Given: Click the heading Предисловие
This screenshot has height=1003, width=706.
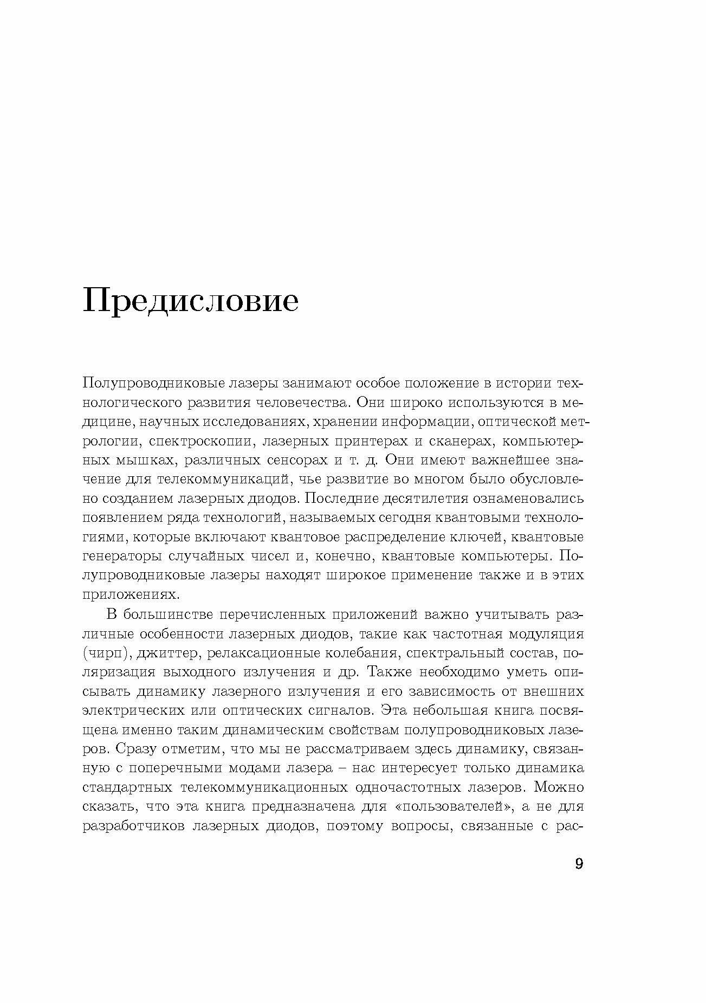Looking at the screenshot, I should tap(190, 301).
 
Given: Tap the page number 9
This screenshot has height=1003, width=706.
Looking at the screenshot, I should tap(579, 864).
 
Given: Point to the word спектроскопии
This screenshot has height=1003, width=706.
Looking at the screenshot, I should tap(200, 441).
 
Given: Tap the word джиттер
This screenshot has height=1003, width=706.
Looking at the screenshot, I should tap(169, 653).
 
